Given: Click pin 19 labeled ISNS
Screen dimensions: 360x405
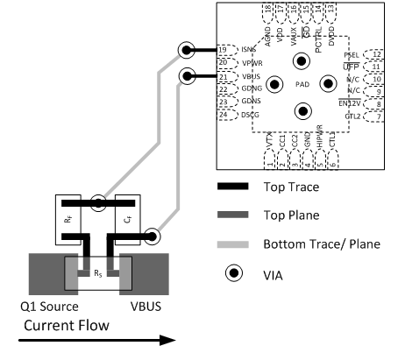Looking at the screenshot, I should coord(226,50).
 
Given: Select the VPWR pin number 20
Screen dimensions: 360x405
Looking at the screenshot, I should coord(226,63).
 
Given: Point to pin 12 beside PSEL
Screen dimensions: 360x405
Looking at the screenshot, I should coord(374,54).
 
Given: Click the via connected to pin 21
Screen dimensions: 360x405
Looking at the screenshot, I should coord(187,77).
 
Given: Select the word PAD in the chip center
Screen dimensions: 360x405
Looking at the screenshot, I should coord(302,85).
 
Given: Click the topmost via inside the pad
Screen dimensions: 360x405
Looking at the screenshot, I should coord(302,60).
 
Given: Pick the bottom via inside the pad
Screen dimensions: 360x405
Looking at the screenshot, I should coord(302,110).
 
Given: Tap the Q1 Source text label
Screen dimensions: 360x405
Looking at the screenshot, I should coord(53,306).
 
